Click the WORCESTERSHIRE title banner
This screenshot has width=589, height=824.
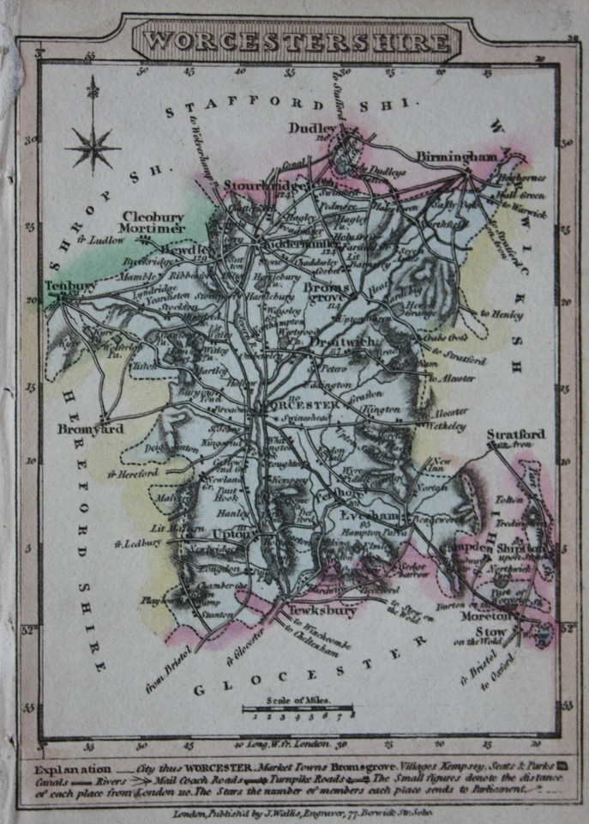[x=295, y=40]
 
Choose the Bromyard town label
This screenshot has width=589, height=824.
[x=91, y=428]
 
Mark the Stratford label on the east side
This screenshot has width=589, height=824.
[x=515, y=435]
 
